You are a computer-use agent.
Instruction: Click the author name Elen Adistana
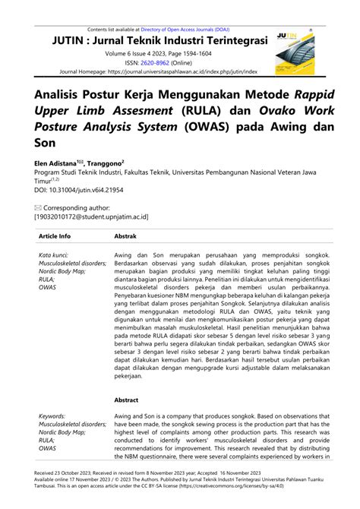tap(55, 163)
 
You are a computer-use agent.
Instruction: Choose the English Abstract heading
tap(126, 399)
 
